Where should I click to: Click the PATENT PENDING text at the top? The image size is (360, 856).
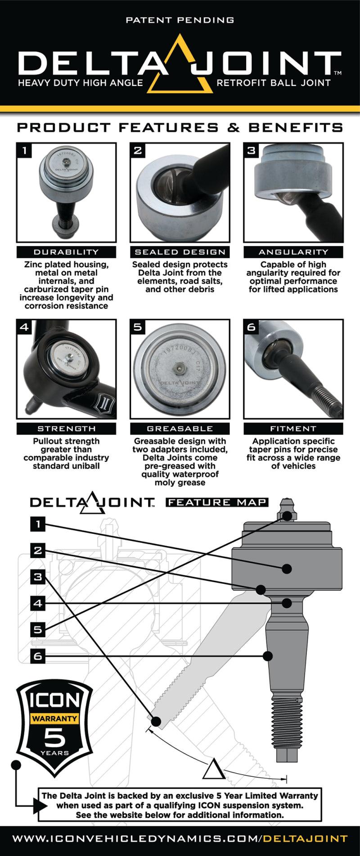(x=180, y=20)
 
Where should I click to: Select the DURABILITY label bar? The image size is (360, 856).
(x=66, y=252)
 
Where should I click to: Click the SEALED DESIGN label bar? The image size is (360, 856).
(x=180, y=252)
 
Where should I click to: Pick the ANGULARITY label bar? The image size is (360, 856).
(x=293, y=252)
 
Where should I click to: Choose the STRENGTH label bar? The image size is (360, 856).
(x=66, y=429)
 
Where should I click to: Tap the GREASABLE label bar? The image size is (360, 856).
(x=180, y=429)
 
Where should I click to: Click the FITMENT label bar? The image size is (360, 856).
(x=293, y=429)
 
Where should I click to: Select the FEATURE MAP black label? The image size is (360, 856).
(x=217, y=502)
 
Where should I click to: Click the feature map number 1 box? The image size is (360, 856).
(x=38, y=524)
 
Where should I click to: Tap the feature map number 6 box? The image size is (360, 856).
(x=38, y=656)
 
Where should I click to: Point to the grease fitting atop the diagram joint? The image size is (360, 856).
(x=287, y=509)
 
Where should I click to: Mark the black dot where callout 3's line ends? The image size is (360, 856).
(x=156, y=722)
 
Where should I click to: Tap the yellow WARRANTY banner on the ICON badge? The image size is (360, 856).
(x=54, y=718)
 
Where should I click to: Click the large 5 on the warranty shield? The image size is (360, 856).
(x=54, y=738)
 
